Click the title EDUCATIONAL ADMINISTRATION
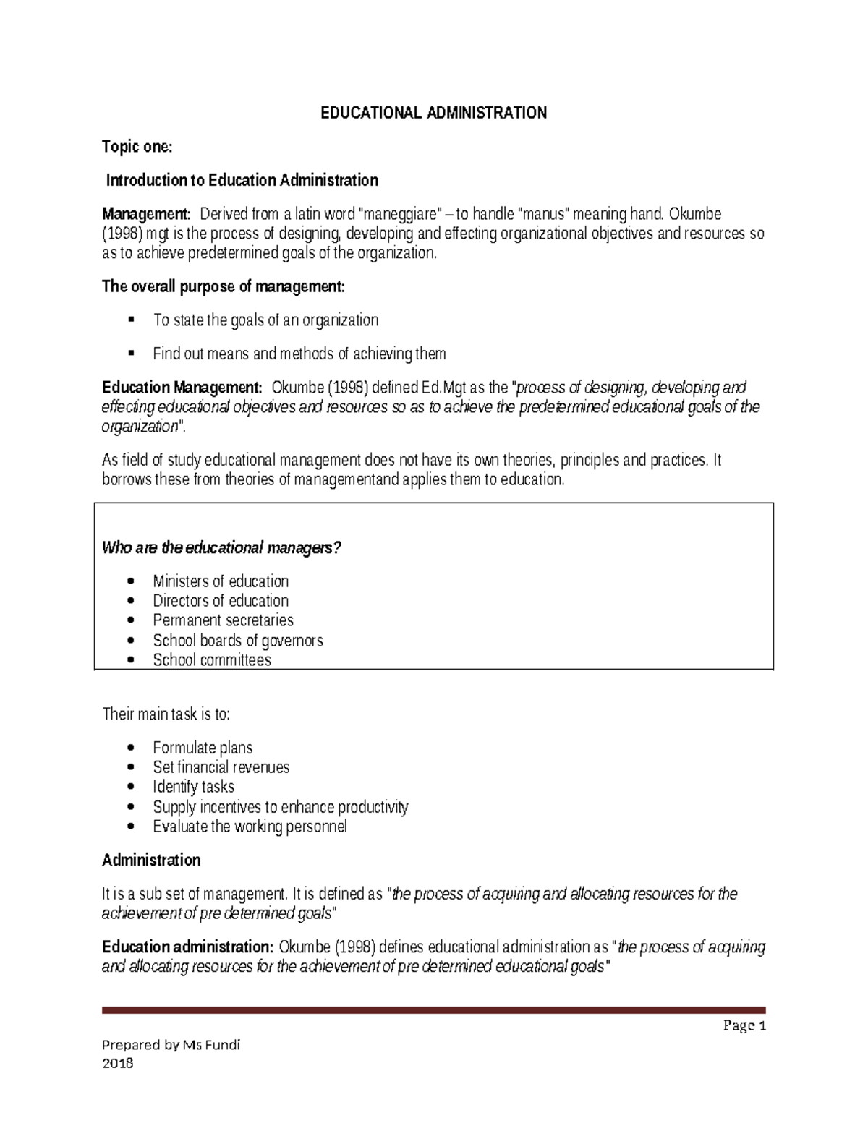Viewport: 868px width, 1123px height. click(x=434, y=113)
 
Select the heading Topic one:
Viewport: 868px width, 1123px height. click(x=137, y=147)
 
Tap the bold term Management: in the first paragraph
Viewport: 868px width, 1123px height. click(x=146, y=214)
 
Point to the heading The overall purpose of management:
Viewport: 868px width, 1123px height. click(x=224, y=286)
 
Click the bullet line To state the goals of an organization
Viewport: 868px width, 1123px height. click(x=265, y=320)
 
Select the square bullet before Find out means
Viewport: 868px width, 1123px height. click(x=131, y=354)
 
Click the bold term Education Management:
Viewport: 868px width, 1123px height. click(x=182, y=388)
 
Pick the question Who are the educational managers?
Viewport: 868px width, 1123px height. click(x=221, y=547)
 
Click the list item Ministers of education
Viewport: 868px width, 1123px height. click(x=221, y=581)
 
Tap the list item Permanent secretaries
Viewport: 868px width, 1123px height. click(x=223, y=620)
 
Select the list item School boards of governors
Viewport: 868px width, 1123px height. click(x=238, y=640)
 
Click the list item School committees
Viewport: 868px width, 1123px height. click(x=212, y=659)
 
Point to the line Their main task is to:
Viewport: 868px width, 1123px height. click(x=166, y=714)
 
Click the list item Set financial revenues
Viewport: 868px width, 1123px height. click(x=221, y=767)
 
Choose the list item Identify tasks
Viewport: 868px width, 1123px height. click(x=193, y=787)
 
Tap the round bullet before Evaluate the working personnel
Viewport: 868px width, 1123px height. click(x=130, y=827)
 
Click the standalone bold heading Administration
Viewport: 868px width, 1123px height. click(x=151, y=860)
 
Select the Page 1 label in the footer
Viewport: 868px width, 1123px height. click(x=748, y=1026)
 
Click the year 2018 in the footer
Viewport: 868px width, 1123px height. click(x=118, y=1063)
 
